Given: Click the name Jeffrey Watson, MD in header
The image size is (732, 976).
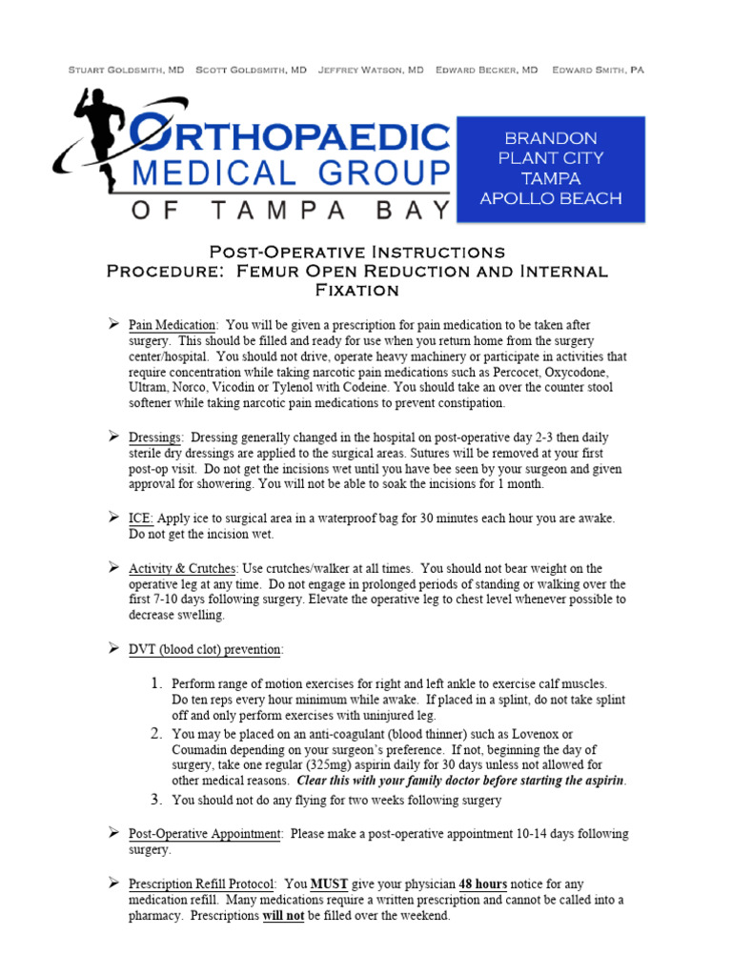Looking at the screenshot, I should coord(371,71).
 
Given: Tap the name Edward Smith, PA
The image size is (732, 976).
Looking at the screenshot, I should coord(598,71).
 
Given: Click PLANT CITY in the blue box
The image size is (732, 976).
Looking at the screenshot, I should coord(551,158).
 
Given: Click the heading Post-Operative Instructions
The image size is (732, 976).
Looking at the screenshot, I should coord(356,252).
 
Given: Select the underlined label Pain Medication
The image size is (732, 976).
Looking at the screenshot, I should coord(173,325).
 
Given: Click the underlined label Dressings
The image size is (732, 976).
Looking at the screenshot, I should coord(155,437).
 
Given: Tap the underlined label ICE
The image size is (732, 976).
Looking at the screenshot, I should coord(140,518).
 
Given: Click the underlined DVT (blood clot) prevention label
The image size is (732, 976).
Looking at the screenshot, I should coord(205,649).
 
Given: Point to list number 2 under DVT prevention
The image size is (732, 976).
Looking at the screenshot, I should coord(158,733).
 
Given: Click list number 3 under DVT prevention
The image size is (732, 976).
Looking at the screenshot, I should coord(158,800).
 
